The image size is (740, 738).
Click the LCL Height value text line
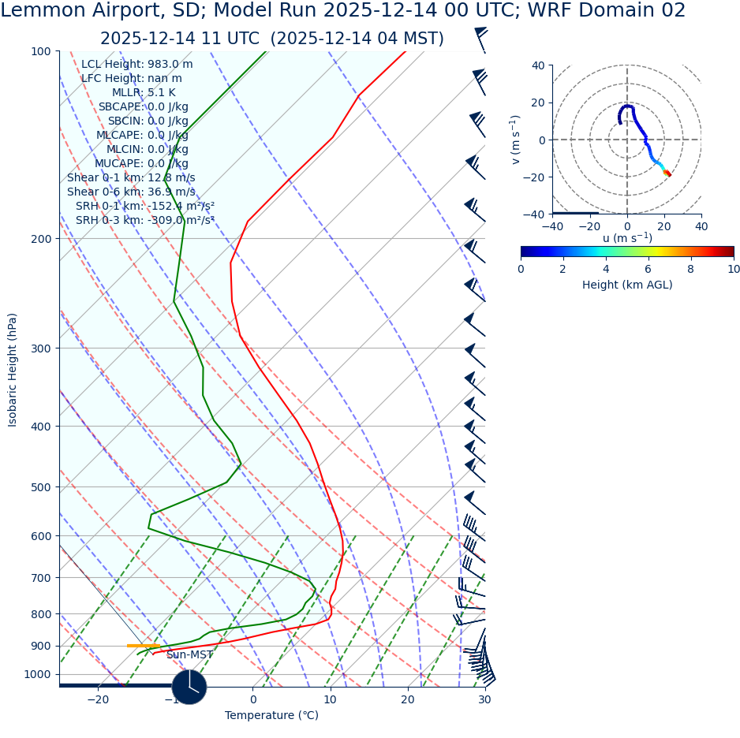(x=136, y=65)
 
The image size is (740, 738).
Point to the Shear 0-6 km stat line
(x=131, y=192)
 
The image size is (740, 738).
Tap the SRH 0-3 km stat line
(x=145, y=221)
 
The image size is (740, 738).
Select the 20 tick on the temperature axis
(x=408, y=700)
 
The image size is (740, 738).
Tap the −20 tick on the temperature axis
(x=98, y=700)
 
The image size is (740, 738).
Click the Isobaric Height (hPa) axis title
(x=13, y=370)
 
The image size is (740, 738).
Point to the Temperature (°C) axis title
(x=271, y=716)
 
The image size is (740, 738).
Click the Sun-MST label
(x=189, y=655)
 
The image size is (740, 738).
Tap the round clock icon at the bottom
(x=189, y=687)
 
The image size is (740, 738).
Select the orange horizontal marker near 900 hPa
(x=144, y=646)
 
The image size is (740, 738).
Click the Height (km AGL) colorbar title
(x=627, y=285)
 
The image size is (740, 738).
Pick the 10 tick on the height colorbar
(x=734, y=270)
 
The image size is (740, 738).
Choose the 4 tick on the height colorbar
(x=606, y=270)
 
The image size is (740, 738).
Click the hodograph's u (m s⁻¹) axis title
(x=626, y=238)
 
